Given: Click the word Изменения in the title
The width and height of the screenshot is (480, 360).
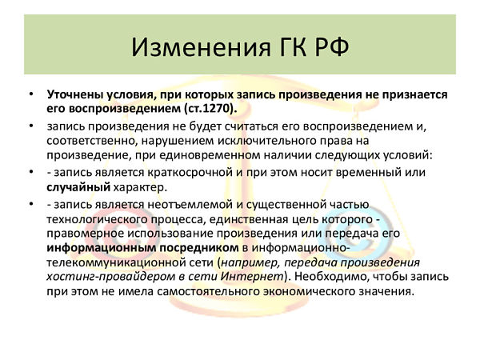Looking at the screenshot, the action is tap(201, 47).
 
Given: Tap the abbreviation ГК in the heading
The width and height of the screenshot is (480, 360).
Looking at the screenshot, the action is tap(294, 47).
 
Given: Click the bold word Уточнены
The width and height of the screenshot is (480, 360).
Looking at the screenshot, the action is tap(74, 94).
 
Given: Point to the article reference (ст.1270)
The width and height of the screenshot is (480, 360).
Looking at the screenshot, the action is tap(210, 109).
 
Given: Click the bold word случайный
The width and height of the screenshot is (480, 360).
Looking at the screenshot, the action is tap(78, 187).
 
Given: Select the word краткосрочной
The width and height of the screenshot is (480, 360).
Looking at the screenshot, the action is tap(190, 172).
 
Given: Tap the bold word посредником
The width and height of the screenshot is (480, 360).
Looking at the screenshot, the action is tap(199, 248).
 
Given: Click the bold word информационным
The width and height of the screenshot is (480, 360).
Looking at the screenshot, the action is tap(102, 248).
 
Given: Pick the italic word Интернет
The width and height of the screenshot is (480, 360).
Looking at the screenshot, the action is tap(253, 277).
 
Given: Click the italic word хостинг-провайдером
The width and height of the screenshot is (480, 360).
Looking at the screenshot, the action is tap(111, 277).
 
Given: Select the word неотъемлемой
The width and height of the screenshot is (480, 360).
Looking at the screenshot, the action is tap(190, 204).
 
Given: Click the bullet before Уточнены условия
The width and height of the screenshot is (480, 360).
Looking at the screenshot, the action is tap(31, 94).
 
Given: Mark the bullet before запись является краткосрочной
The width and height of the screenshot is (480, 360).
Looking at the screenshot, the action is tap(31, 171).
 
